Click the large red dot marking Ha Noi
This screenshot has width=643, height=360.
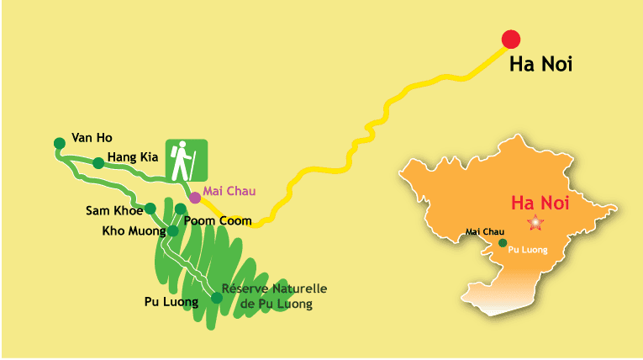tap(510, 39)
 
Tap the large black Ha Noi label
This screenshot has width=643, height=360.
tap(540, 65)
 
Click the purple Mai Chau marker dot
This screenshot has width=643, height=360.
tap(195, 198)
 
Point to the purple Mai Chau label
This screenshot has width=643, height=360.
tap(229, 191)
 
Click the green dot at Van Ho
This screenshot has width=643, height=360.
tap(59, 143)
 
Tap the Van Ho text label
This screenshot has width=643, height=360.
tap(92, 137)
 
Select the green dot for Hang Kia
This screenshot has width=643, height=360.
tap(98, 163)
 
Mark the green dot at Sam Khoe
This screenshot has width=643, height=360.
tap(150, 209)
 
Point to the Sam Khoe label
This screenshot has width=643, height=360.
tap(114, 210)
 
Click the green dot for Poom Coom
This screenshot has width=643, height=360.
tap(181, 209)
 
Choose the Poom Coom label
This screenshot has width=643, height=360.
tap(218, 220)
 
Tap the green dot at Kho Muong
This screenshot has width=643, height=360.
tap(172, 230)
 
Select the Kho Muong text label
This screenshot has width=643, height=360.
tap(134, 230)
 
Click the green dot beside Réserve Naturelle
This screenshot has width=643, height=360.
tap(216, 298)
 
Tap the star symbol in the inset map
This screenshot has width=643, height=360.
tap(535, 223)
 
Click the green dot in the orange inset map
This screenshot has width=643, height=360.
tap(503, 243)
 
